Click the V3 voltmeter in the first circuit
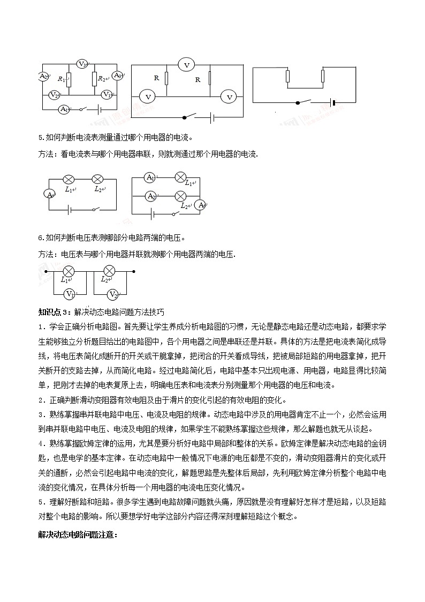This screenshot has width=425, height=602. [82, 64]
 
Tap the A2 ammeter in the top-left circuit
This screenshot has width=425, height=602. [44, 77]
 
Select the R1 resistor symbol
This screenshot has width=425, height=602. [68, 78]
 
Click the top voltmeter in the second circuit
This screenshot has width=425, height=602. [187, 65]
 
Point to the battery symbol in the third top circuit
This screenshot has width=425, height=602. [333, 102]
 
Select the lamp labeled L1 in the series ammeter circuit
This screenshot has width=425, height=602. [69, 179]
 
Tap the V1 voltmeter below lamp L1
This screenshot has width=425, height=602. [69, 294]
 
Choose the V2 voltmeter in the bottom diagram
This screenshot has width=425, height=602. [112, 294]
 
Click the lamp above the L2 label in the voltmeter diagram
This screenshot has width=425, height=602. [109, 270]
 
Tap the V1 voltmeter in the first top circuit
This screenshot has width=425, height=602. [107, 94]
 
